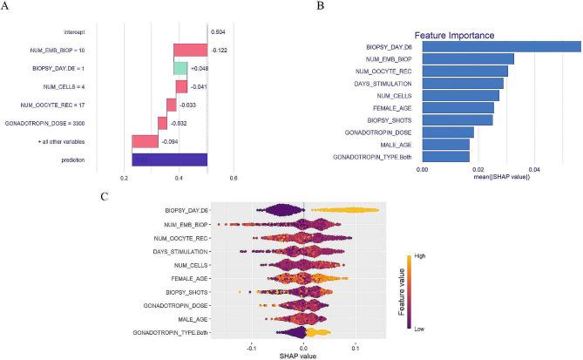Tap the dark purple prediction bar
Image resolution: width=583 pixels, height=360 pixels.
point(169,160)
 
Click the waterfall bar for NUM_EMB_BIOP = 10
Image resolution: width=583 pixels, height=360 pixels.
point(190,49)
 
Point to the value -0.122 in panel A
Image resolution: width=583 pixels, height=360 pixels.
point(220,50)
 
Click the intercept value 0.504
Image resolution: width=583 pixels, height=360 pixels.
point(219,31)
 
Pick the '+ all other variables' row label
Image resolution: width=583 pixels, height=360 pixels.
point(85,141)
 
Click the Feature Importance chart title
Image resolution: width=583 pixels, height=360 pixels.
point(454,36)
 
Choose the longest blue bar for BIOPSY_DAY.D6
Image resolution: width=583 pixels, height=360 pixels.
point(502,46)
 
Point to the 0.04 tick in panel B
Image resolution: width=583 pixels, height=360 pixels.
point(534,169)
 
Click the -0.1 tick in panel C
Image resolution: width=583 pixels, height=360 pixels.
point(252,345)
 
